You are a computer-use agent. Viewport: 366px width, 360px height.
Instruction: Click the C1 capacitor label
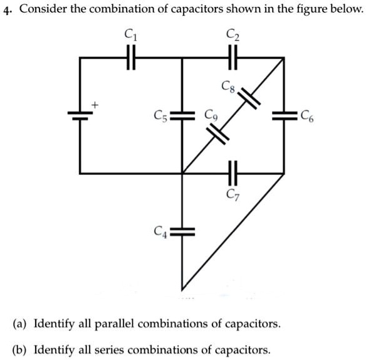tap(130, 34)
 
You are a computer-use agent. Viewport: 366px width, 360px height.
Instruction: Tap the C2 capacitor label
tap(233, 35)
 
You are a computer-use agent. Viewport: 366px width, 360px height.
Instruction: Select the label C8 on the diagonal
tap(228, 87)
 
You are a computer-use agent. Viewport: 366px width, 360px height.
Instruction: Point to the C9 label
tap(211, 115)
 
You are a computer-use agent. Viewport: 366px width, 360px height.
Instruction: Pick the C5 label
tap(160, 116)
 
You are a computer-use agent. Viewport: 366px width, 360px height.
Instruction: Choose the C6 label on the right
tap(307, 116)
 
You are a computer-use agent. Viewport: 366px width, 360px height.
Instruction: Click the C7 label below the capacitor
tap(233, 195)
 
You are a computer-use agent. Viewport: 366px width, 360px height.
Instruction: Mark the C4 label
tap(160, 232)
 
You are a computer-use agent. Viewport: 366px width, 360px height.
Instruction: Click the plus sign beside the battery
tap(95, 105)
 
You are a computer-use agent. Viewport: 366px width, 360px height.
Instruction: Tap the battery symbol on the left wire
tap(80, 115)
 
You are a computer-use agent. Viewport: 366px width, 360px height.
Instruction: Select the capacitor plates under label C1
tap(131, 57)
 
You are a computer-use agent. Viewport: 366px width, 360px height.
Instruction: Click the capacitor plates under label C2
tap(233, 57)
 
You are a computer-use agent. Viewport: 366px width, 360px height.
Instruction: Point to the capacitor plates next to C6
tap(284, 116)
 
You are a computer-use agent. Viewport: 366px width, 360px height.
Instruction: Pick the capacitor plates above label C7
tap(233, 173)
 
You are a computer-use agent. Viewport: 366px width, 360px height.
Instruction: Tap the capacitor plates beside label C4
tap(182, 232)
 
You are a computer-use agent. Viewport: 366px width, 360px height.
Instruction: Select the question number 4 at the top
tap(8, 10)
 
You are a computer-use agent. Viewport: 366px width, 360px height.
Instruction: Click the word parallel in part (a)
tap(114, 324)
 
